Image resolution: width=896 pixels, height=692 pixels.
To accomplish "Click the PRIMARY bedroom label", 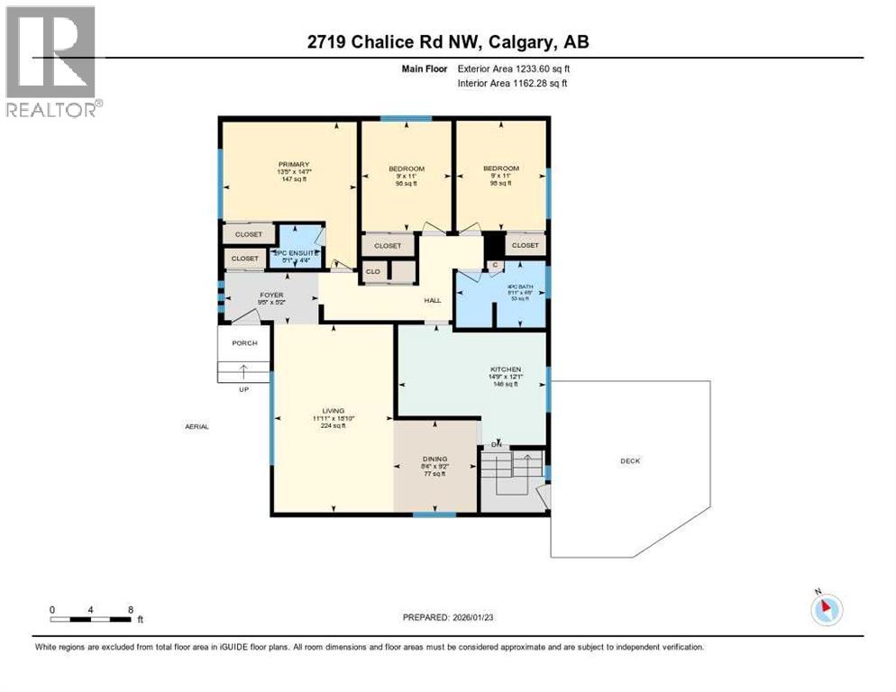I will click(x=294, y=165).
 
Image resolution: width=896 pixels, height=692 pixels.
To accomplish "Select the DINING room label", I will click(x=435, y=459).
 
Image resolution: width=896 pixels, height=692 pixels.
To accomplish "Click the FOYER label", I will click(x=271, y=293).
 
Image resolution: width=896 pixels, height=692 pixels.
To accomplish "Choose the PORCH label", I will click(x=244, y=343).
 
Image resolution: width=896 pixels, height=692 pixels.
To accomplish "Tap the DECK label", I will click(x=629, y=460).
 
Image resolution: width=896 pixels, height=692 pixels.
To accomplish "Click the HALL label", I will click(x=433, y=302).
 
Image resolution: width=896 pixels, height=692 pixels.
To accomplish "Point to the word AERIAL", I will click(x=196, y=426).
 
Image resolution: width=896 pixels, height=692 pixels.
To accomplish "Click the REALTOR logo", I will click(x=51, y=60).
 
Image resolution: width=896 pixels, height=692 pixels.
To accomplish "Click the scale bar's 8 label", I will click(x=131, y=609).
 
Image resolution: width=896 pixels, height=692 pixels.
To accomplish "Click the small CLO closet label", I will click(x=372, y=271).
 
